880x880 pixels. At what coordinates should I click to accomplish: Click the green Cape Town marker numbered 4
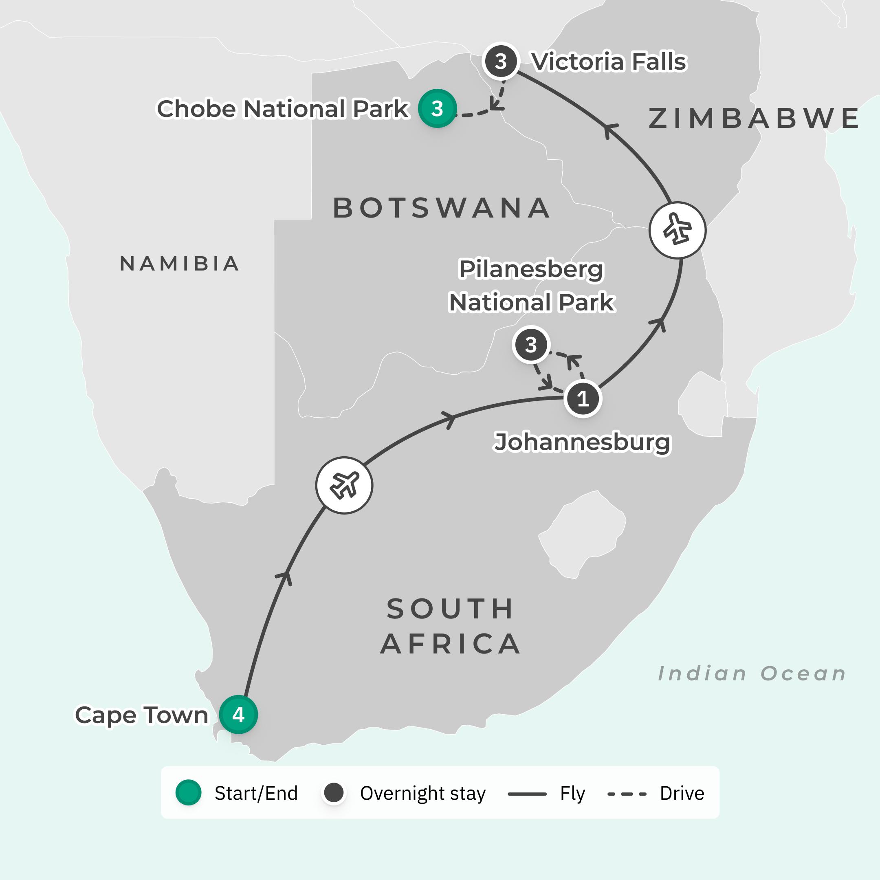[238, 714]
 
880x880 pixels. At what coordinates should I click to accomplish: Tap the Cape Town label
[141, 715]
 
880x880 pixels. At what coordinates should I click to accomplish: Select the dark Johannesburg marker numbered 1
[583, 398]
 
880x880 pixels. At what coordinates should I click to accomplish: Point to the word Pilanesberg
[531, 269]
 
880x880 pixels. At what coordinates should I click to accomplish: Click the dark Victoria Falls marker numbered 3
[501, 61]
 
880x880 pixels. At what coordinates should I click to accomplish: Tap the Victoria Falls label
[609, 62]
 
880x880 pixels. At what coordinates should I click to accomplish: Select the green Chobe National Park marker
[437, 108]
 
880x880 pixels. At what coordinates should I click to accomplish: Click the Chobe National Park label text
[282, 109]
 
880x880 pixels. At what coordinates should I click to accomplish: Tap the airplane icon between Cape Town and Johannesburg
[344, 485]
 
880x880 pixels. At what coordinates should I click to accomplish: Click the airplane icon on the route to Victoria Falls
[677, 230]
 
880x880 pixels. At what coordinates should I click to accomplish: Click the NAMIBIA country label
[179, 264]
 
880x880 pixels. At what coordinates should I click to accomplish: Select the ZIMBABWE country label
[754, 119]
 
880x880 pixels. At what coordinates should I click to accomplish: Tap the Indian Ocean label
[752, 674]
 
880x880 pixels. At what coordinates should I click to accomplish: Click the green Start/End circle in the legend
[189, 792]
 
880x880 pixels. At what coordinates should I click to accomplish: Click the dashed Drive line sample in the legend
[627, 794]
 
